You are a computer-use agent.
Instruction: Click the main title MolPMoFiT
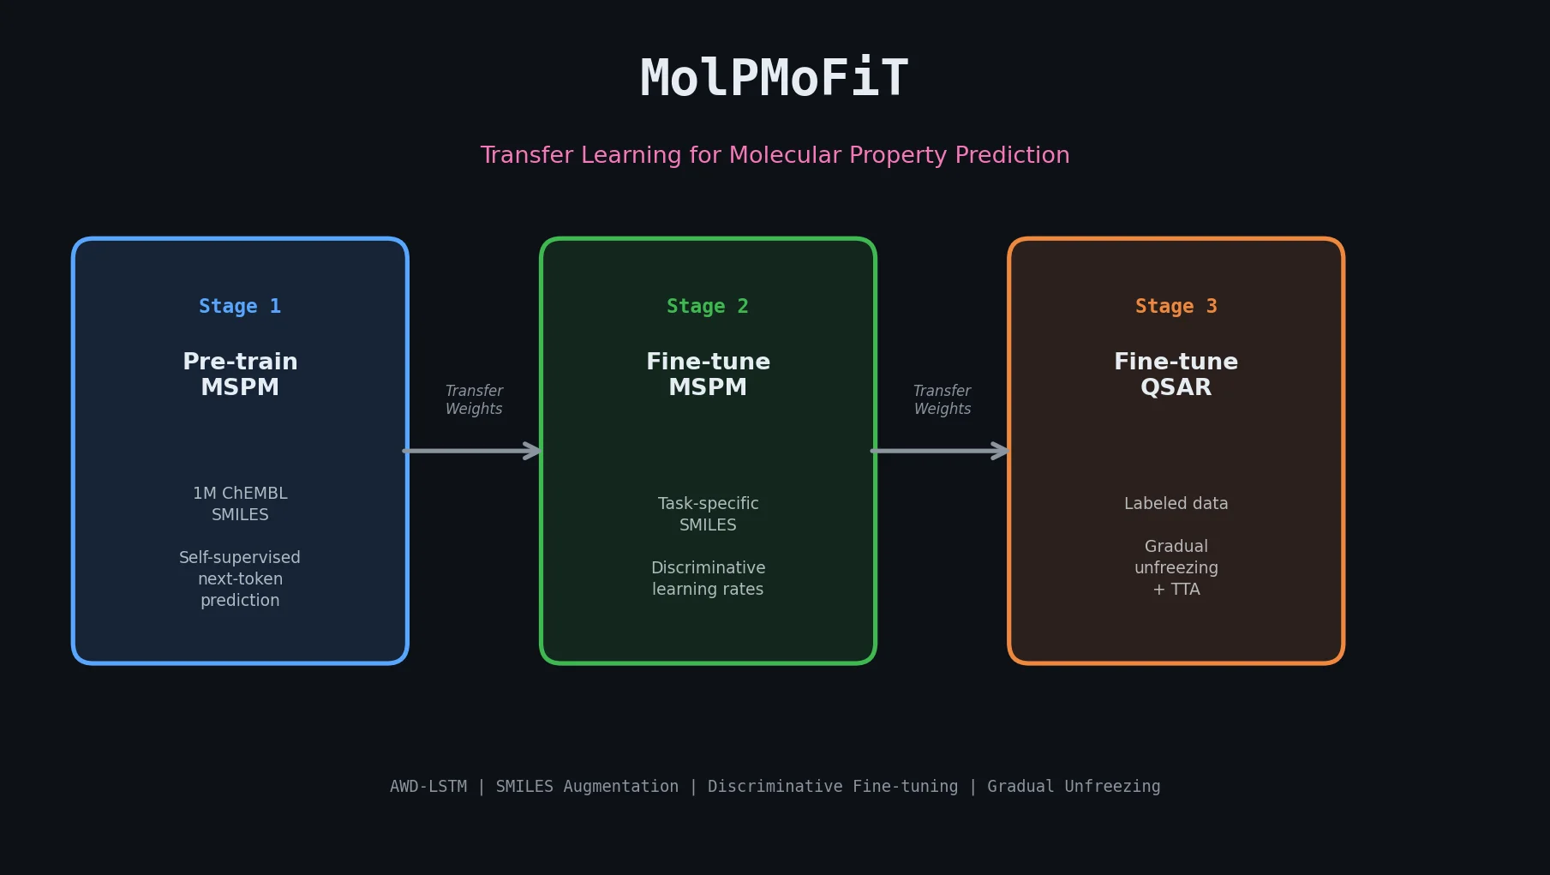coord(774,79)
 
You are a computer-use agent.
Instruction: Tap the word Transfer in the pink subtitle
coord(527,155)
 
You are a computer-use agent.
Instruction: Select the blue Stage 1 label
coord(240,306)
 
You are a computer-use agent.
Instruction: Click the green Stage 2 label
coord(708,306)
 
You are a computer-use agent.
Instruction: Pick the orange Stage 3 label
coord(1176,306)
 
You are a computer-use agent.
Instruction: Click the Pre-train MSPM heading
coord(240,375)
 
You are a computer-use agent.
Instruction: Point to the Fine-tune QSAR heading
coord(1176,375)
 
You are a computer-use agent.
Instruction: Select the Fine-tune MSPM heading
coord(708,375)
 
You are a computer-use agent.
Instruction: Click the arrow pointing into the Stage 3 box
coord(941,451)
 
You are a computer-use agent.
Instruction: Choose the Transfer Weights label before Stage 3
coord(942,399)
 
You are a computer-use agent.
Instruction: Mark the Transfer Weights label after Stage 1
coord(474,399)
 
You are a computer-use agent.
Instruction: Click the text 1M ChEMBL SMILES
coord(240,504)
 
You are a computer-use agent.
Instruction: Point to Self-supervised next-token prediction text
coord(240,578)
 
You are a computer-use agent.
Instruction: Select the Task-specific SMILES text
coord(708,514)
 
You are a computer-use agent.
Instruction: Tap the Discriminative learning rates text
coord(708,578)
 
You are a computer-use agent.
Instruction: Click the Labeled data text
coord(1176,503)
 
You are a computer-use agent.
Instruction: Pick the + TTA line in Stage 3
coord(1176,590)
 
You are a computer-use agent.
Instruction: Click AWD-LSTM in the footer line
coord(428,786)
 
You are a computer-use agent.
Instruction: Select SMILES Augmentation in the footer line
coord(587,786)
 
